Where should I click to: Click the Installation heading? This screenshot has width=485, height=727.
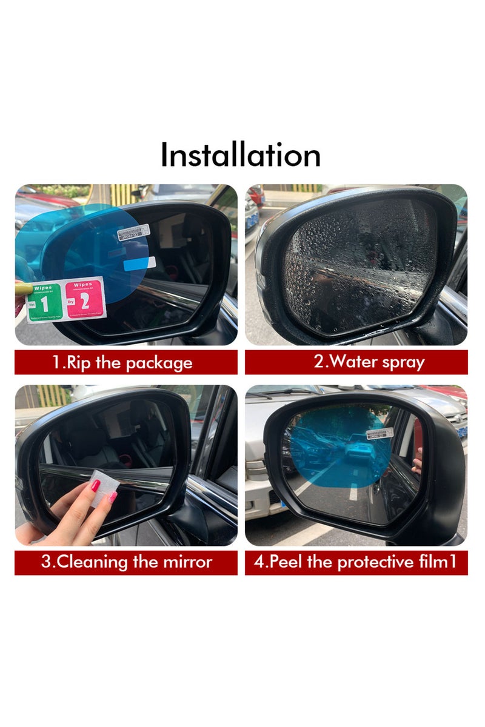241,155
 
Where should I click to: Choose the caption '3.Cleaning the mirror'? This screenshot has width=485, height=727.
126,561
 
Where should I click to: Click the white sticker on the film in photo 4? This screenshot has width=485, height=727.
380,433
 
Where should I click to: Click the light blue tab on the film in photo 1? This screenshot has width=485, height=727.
139,264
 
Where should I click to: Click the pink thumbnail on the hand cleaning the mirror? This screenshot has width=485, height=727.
95,485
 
